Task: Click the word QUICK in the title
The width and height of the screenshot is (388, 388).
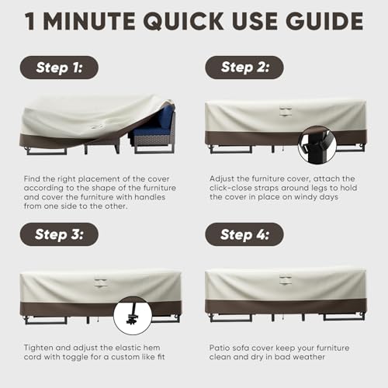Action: (x=183, y=21)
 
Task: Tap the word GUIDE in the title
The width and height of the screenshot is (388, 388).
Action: (x=326, y=21)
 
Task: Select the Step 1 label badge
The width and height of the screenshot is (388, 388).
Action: (x=59, y=68)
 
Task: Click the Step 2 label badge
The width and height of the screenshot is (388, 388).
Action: (x=244, y=68)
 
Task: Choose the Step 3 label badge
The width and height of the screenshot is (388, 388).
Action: (x=59, y=234)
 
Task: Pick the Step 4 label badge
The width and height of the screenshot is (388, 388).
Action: (x=244, y=234)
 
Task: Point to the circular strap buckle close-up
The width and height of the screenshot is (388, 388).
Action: (x=317, y=145)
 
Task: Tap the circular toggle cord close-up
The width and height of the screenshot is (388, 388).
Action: (x=133, y=316)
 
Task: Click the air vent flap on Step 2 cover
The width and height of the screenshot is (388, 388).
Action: (x=286, y=111)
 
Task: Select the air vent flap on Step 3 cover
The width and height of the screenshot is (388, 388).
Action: (x=101, y=282)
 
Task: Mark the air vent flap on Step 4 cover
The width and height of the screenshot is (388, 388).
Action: (x=286, y=280)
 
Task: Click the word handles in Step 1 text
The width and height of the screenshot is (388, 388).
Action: (x=150, y=197)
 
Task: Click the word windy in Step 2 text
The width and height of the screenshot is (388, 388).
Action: (x=305, y=197)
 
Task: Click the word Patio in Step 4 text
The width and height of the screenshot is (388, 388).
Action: (x=220, y=348)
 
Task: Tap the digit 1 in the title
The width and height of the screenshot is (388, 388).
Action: (x=29, y=21)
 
